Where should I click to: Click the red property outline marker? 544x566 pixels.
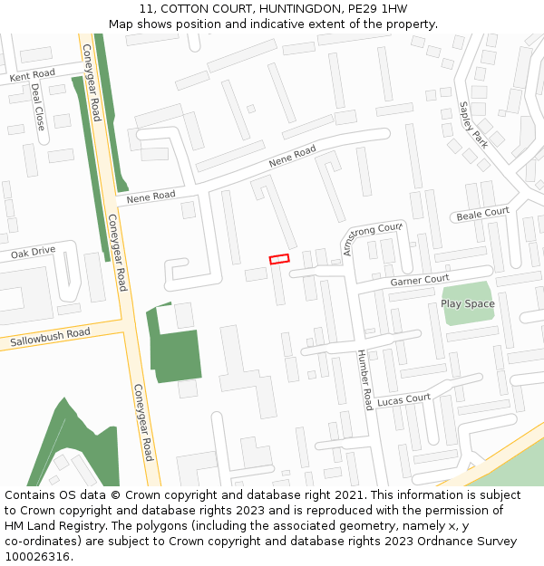tap(279, 259)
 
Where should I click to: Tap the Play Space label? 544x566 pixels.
tap(468, 303)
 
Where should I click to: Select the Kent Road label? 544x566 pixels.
tap(33, 75)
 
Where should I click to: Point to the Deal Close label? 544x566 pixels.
tap(38, 107)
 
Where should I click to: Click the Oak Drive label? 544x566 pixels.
tap(34, 253)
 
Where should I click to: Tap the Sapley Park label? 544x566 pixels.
tap(473, 124)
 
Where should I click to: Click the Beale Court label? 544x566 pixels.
tap(482, 214)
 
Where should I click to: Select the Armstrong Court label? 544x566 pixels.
tap(373, 238)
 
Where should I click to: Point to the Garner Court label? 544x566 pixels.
tap(420, 281)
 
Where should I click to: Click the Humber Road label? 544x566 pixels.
tap(364, 379)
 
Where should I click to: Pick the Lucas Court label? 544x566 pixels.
tap(404, 399)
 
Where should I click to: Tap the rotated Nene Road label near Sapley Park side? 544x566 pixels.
tap(292, 156)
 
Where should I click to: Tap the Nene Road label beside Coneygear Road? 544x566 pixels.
tap(151, 197)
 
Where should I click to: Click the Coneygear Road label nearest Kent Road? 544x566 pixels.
tap(92, 82)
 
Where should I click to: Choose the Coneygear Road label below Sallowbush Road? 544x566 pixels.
tap(144, 422)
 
